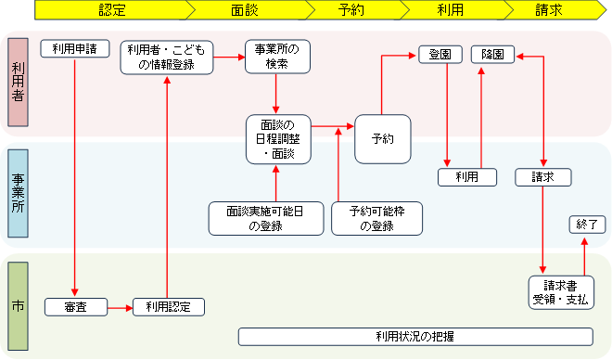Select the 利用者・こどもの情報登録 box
coord(168,57)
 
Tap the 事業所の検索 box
coord(276,57)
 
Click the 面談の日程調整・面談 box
coord(277,137)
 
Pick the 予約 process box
coord(383,138)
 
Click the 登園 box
coord(440,55)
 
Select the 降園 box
coord(492,55)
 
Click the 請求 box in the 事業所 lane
coord(542,177)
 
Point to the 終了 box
coord(586,225)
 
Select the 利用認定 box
coord(168,306)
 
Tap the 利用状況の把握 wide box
coord(414,336)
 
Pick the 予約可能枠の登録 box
coord(376,218)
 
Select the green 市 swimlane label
coord(19,306)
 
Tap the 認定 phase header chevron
coord(111,10)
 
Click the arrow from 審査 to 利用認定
coord(120,306)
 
